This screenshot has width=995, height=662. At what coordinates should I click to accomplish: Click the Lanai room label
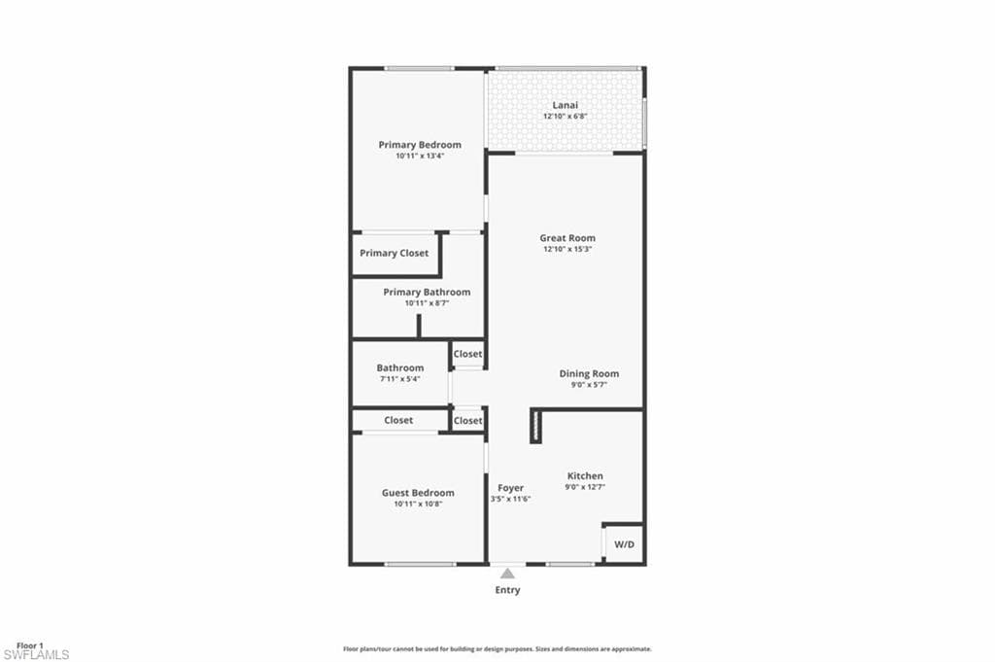pyautogui.click(x=565, y=105)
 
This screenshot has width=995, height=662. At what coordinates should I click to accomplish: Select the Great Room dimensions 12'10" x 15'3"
pyautogui.click(x=567, y=249)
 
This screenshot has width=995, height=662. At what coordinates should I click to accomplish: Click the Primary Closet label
pyautogui.click(x=394, y=253)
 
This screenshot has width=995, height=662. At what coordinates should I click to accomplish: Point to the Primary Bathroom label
pyautogui.click(x=427, y=292)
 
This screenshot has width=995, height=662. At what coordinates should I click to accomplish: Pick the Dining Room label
pyautogui.click(x=589, y=373)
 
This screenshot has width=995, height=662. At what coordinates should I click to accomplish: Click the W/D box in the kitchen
pyautogui.click(x=624, y=544)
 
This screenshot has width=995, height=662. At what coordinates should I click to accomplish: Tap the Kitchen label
pyautogui.click(x=585, y=476)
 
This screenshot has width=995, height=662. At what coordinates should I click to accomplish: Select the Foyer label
pyautogui.click(x=510, y=488)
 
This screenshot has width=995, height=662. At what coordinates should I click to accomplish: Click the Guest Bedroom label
pyautogui.click(x=418, y=493)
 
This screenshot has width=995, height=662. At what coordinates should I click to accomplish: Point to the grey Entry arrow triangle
pyautogui.click(x=507, y=574)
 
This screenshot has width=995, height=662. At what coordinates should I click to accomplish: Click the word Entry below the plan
pyautogui.click(x=507, y=590)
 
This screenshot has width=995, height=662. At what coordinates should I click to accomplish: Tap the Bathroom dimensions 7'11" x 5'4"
pyautogui.click(x=400, y=378)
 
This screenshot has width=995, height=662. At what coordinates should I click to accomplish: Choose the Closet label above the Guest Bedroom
pyautogui.click(x=398, y=420)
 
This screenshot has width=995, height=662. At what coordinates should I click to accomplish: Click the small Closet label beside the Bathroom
pyautogui.click(x=467, y=354)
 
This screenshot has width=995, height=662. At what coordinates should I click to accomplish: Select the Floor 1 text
pyautogui.click(x=30, y=645)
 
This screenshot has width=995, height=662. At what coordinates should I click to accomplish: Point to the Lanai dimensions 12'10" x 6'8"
pyautogui.click(x=565, y=117)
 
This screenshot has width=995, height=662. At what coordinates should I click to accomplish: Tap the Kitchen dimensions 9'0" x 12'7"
pyautogui.click(x=585, y=487)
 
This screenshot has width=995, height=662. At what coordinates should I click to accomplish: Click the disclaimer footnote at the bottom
pyautogui.click(x=497, y=648)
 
